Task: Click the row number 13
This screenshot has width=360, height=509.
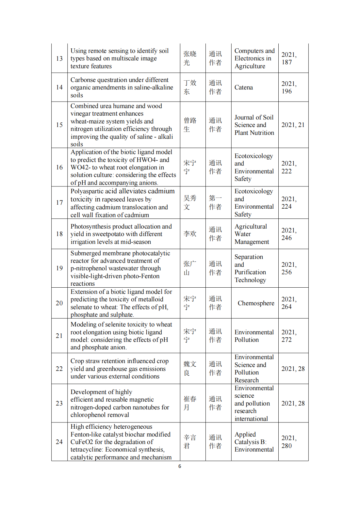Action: pyautogui.click(x=59, y=58)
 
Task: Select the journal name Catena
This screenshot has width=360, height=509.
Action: pyautogui.click(x=243, y=87)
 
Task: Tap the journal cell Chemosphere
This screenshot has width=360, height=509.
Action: pyautogui.click(x=256, y=303)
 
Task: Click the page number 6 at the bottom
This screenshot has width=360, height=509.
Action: pyautogui.click(x=180, y=466)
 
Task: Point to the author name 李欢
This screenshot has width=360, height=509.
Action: pyautogui.click(x=190, y=234)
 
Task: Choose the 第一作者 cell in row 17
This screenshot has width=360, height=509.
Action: pyautogui.click(x=215, y=202)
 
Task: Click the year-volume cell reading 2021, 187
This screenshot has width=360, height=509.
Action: pyautogui.click(x=289, y=58)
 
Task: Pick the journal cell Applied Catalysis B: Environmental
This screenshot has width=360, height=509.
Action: pyautogui.click(x=254, y=442)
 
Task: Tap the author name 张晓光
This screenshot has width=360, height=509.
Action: pyautogui.click(x=190, y=58)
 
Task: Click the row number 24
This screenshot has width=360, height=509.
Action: pyautogui.click(x=59, y=442)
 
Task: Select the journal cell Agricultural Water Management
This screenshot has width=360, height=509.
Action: pyautogui.click(x=252, y=234)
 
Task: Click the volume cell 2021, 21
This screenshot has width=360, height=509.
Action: pyautogui.click(x=293, y=125)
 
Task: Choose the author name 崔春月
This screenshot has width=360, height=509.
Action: pyautogui.click(x=190, y=403)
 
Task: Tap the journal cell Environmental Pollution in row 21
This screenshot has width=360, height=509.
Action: pyautogui.click(x=254, y=336)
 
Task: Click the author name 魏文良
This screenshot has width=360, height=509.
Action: pyautogui.click(x=190, y=369)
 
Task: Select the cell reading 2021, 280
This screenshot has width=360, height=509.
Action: pyautogui.click(x=289, y=442)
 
